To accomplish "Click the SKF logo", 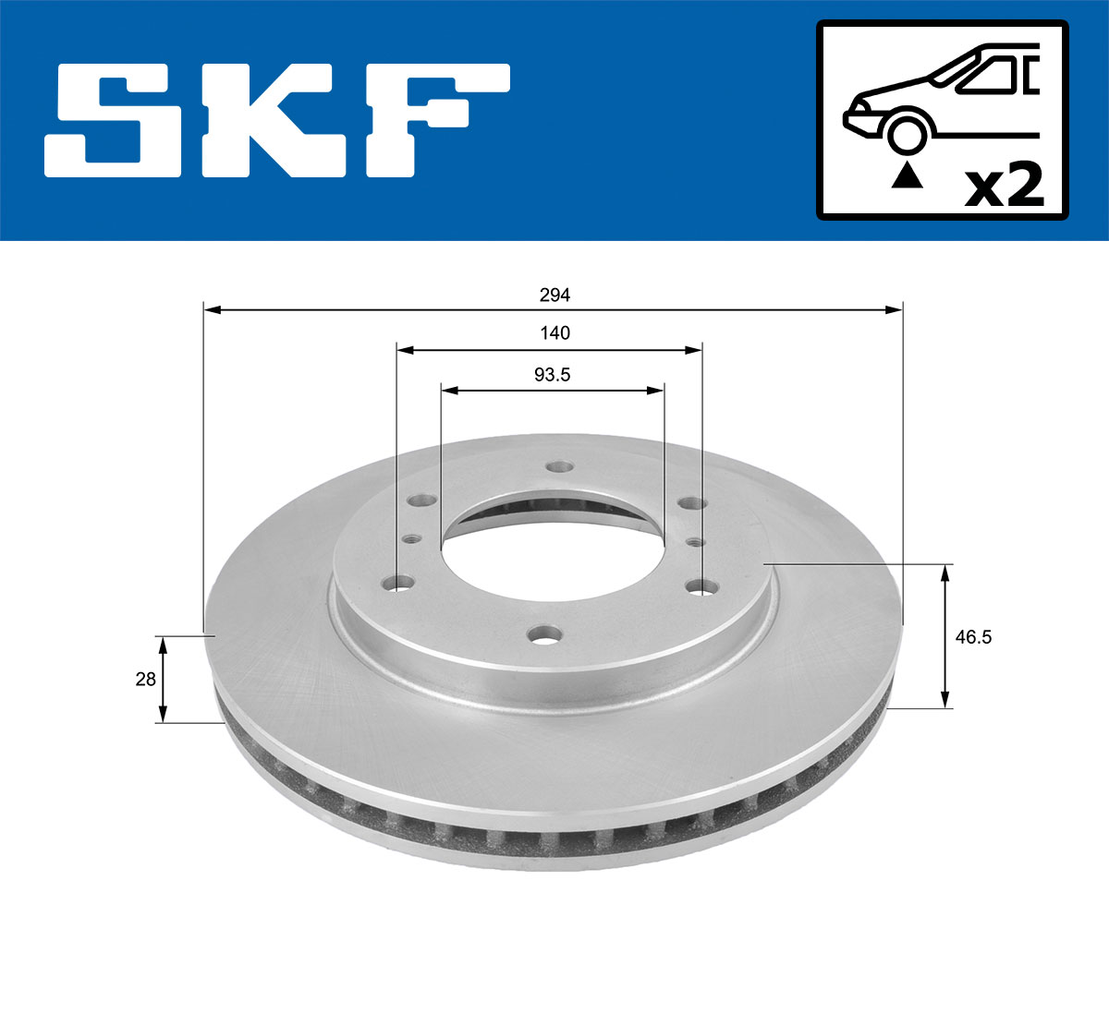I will coord(277,120).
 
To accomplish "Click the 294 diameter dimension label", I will coord(554,295).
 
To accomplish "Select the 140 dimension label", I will coord(554,333).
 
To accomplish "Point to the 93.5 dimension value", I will coord(552,375).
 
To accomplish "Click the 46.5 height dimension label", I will coord(973,637).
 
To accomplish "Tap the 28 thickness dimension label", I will coord(145,680).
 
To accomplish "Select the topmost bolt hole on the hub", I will coord(557,467).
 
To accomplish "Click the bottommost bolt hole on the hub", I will coord(545,635).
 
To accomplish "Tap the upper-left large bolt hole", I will coord(423,501).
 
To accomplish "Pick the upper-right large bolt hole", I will coord(689,503).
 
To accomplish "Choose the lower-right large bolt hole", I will coord(701,586).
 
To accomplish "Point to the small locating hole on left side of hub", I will coord(411,538).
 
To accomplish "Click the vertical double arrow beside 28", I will coord(163,679).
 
